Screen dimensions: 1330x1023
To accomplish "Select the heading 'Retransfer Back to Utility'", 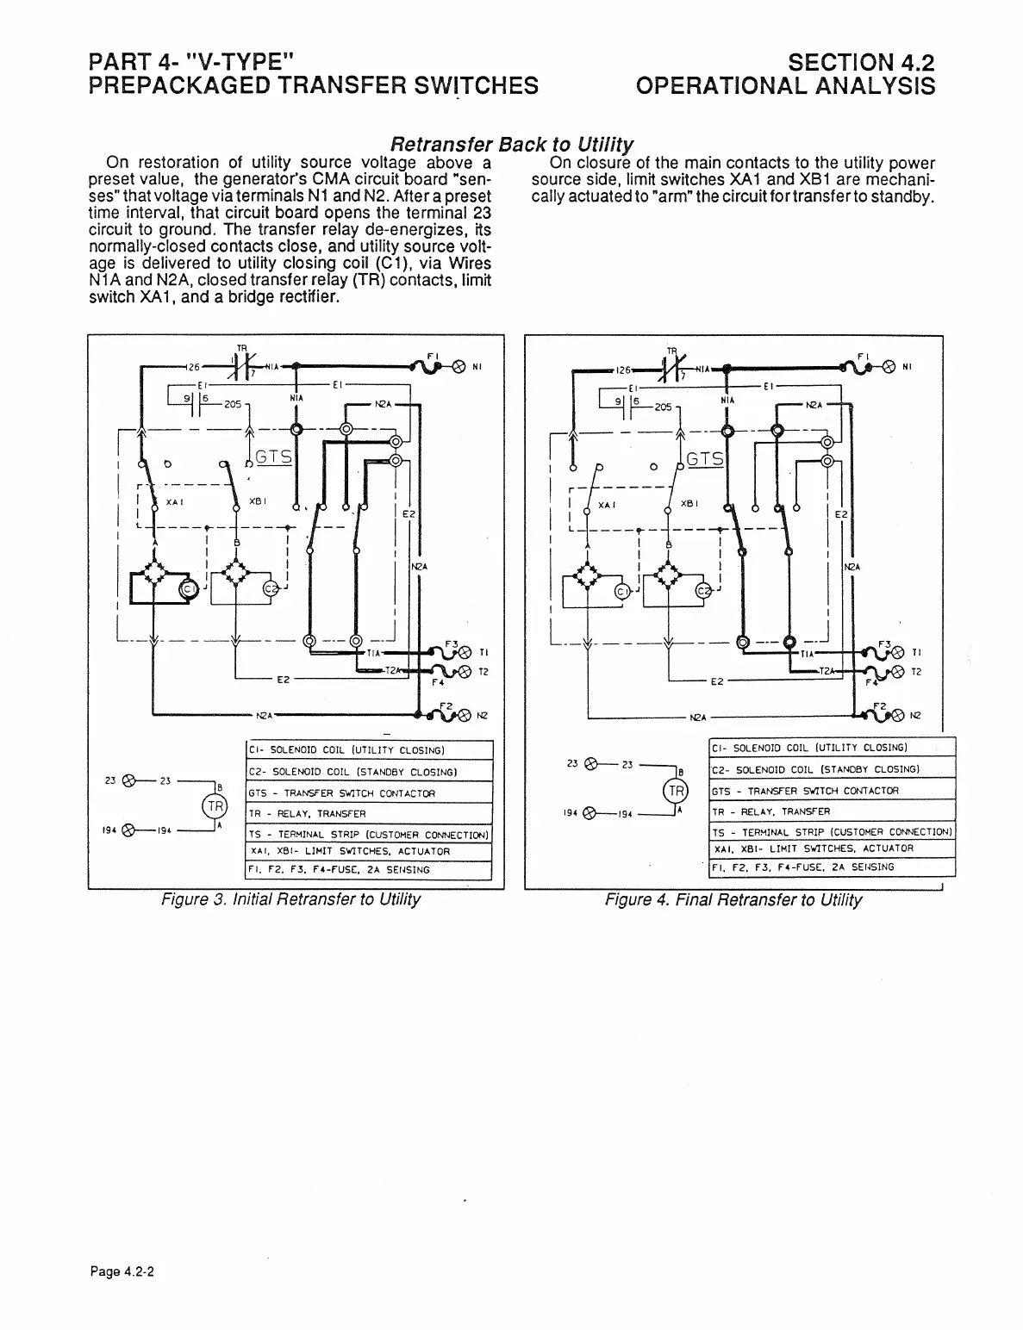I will (513, 143).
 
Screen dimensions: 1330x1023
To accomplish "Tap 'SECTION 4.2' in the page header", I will (862, 62).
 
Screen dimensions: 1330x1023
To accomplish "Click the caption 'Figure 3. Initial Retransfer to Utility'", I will (291, 900).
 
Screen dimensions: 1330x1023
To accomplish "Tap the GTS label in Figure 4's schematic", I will (708, 457).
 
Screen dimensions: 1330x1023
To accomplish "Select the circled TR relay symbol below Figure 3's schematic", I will (212, 807).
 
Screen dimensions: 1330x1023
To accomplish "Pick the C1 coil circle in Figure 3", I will (187, 588).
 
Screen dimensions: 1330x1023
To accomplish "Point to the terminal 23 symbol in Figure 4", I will (591, 763).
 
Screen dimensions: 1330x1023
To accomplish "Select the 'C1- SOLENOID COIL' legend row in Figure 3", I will (369, 750).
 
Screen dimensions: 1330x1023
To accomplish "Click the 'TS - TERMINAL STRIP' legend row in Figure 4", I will (832, 832).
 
